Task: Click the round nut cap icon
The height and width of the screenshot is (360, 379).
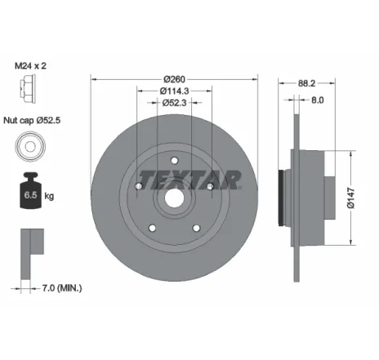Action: coord(28,146)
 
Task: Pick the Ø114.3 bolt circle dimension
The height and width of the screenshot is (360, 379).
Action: coord(173,91)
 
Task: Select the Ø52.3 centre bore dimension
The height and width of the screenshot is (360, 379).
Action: coord(173,103)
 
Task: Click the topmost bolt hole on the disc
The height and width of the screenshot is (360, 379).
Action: coord(173,160)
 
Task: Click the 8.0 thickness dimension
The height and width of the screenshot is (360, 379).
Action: coord(317,101)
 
